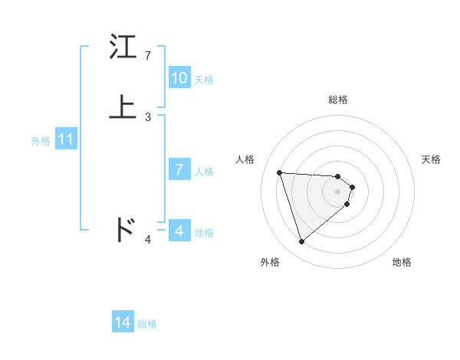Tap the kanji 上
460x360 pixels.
point(123,107)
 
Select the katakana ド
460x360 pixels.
point(124,229)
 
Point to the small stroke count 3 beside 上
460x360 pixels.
point(148,116)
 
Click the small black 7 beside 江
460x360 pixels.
point(148,56)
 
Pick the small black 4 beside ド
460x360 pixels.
point(148,240)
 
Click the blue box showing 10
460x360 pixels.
point(179,77)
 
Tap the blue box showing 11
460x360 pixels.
point(66,140)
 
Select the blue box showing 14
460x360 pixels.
point(123,322)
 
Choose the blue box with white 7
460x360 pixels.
point(179,170)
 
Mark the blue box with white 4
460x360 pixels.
point(179,231)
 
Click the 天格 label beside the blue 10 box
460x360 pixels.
point(204,79)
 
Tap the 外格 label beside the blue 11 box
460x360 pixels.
point(41,141)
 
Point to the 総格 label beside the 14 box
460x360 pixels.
point(147,324)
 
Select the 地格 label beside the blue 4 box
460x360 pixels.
point(204,233)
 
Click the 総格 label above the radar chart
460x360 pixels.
point(338,100)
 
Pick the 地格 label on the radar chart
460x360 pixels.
point(402,262)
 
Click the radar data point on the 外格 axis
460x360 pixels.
point(302,242)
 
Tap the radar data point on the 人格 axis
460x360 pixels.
point(280,172)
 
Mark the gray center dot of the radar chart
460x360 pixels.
point(338,191)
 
